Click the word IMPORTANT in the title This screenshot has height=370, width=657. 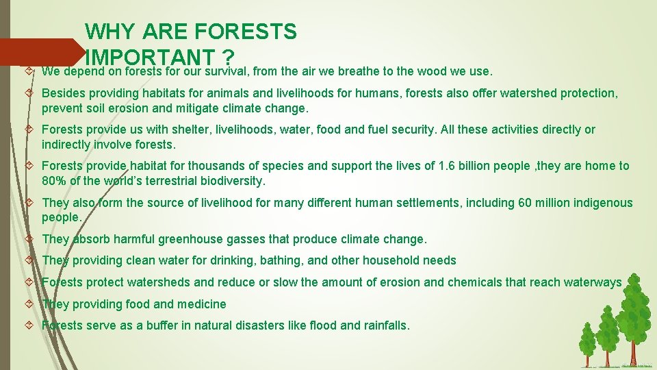(x=146, y=56)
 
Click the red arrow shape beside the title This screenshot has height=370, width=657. (x=41, y=52)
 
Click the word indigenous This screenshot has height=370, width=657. (x=598, y=203)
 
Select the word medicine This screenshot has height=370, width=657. (x=202, y=304)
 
